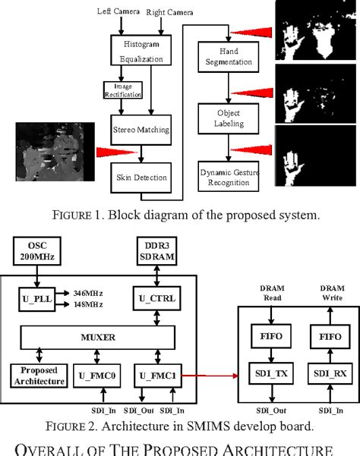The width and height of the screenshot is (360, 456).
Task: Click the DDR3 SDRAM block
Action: click(155, 250)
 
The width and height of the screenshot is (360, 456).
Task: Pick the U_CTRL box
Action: click(156, 298)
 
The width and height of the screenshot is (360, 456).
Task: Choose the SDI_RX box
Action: click(324, 373)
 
